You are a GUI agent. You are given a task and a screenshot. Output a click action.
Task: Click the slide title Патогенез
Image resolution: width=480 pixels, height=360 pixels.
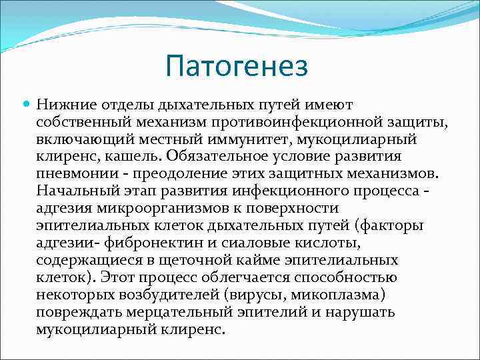tap(237, 67)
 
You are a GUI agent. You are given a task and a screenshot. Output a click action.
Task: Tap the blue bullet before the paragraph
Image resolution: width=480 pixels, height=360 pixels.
tap(26, 105)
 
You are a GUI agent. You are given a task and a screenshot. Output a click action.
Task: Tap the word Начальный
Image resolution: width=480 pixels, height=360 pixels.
tap(75, 191)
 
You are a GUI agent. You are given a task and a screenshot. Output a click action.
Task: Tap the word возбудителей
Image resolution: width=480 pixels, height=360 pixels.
tap(177, 295)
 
